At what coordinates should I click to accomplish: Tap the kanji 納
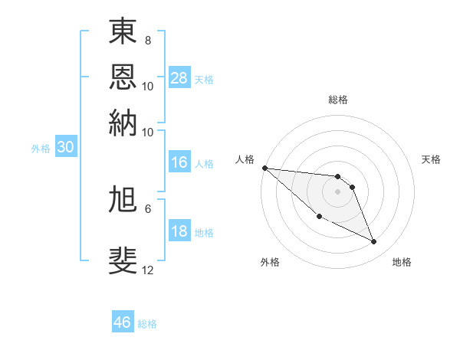tap(123, 123)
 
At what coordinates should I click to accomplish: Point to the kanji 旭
tap(123, 199)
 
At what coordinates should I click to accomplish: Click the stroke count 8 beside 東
tap(147, 40)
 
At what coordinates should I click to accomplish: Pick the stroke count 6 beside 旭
tap(147, 208)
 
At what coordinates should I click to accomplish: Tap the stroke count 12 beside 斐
tap(148, 270)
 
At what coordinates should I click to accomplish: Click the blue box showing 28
tap(179, 78)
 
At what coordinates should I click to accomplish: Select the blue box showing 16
tap(179, 162)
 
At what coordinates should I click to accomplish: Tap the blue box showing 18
tap(179, 231)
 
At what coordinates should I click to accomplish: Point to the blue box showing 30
tap(65, 148)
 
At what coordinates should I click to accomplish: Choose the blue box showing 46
tap(123, 322)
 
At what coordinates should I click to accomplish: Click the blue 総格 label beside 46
tap(147, 324)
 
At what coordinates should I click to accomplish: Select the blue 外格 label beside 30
tap(41, 149)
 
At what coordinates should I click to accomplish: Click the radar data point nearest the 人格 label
tap(264, 168)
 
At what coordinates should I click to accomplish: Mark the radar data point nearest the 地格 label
tap(374, 242)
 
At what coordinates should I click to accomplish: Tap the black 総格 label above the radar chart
tap(337, 100)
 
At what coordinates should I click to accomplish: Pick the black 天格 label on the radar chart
tap(432, 159)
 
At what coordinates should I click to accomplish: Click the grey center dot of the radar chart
tap(337, 191)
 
